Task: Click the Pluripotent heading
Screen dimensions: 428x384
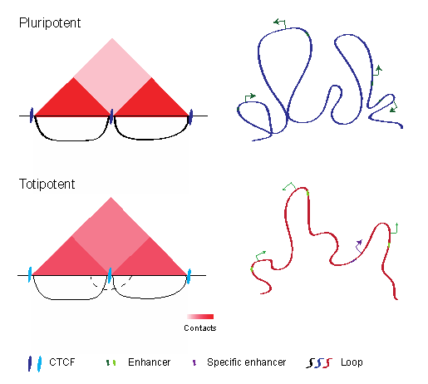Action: tap(50, 23)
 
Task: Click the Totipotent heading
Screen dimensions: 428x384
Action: tap(47, 184)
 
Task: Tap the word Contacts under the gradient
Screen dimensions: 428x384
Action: tap(200, 328)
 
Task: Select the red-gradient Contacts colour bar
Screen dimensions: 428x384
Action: tap(200, 317)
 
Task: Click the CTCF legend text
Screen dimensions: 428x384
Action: tap(62, 362)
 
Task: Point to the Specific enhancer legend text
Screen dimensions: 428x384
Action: tap(247, 362)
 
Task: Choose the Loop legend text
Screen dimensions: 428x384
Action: tap(352, 362)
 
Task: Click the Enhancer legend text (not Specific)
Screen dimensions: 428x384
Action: tap(150, 362)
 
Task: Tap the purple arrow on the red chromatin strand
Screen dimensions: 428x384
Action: tap(358, 246)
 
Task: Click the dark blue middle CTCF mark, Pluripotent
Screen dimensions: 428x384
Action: tap(111, 116)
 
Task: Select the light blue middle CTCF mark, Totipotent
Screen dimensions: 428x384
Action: tap(110, 275)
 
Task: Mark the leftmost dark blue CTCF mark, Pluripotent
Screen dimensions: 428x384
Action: tap(32, 115)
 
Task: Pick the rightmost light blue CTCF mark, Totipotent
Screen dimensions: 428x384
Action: tap(189, 276)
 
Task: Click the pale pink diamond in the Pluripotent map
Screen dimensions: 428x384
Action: tap(112, 77)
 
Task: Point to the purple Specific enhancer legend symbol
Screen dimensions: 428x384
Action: tap(194, 362)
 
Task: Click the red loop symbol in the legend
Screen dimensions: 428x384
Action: tap(329, 362)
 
